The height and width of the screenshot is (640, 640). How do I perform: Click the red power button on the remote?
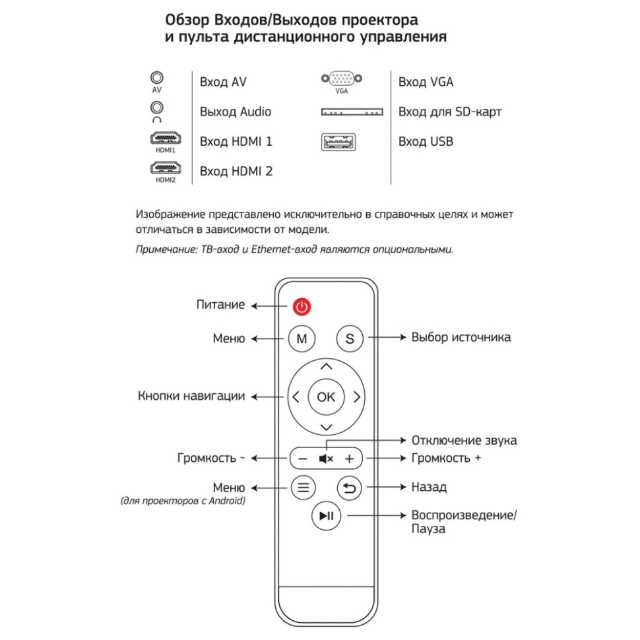pyautogui.click(x=302, y=306)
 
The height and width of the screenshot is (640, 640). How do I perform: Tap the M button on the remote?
pyautogui.click(x=302, y=339)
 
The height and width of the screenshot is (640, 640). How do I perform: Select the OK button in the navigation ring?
pyautogui.click(x=326, y=397)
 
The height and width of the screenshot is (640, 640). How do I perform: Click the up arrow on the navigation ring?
pyautogui.click(x=326, y=366)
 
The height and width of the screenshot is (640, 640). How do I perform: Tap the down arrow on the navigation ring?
pyautogui.click(x=326, y=428)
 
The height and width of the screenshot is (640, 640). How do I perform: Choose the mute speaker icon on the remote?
pyautogui.click(x=326, y=459)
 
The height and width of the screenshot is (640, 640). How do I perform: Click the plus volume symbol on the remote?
pyautogui.click(x=350, y=459)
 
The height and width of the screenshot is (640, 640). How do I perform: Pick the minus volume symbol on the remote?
pyautogui.click(x=302, y=459)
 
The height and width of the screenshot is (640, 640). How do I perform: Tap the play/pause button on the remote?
pyautogui.click(x=326, y=517)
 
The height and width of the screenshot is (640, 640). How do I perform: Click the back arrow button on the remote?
pyautogui.click(x=350, y=488)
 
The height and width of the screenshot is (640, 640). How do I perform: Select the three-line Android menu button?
pyautogui.click(x=303, y=488)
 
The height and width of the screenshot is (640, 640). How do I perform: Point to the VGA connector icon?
pyautogui.click(x=341, y=80)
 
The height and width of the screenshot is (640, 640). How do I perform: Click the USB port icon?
pyautogui.click(x=338, y=142)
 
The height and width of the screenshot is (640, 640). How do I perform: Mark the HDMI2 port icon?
pyautogui.click(x=165, y=170)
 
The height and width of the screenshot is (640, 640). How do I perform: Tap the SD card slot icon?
pyautogui.click(x=352, y=112)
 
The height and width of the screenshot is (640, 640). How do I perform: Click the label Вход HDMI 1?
pyautogui.click(x=236, y=142)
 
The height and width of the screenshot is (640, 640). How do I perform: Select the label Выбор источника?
pyautogui.click(x=461, y=337)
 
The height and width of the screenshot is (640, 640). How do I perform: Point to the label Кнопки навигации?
pyautogui.click(x=191, y=397)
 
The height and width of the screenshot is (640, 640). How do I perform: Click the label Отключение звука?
pyautogui.click(x=464, y=440)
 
